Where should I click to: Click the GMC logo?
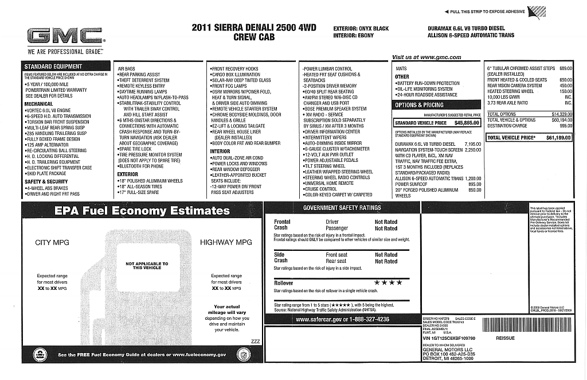[x=65, y=37]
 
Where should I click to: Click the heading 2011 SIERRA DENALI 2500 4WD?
[x=254, y=27]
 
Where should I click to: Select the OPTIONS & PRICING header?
[x=419, y=105]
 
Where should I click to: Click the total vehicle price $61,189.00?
[x=558, y=138]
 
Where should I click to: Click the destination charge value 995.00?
[x=566, y=126]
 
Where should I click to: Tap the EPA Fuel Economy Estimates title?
[x=142, y=211]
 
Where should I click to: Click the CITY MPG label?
[x=52, y=242]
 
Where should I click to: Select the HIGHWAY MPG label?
[x=226, y=242]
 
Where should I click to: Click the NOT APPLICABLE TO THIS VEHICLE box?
[x=147, y=266]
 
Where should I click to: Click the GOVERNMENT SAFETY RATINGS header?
[x=342, y=208]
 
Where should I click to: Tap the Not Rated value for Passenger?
[x=386, y=228]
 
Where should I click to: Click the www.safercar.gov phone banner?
[x=342, y=319]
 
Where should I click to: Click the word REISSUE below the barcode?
[x=505, y=338]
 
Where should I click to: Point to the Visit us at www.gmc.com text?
[x=426, y=57]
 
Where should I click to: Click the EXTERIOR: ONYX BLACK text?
[x=361, y=29]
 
